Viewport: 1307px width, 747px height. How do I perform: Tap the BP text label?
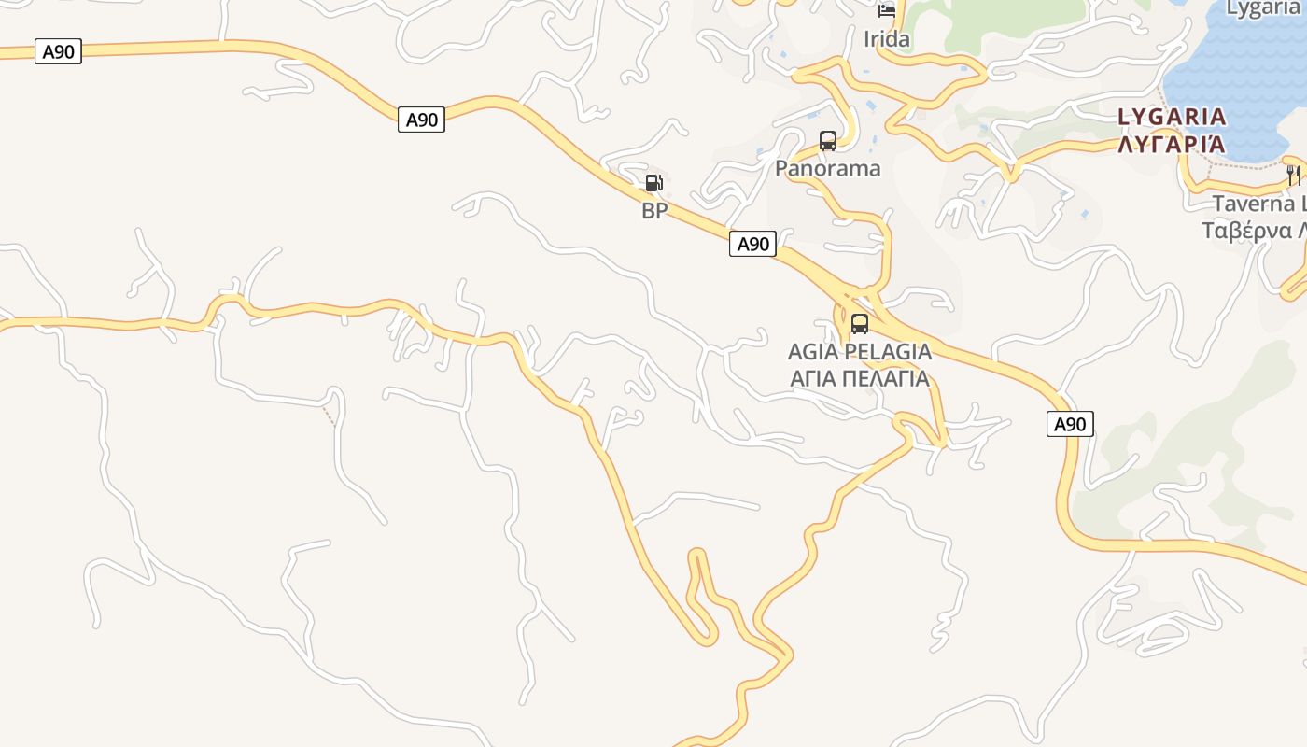click(x=654, y=211)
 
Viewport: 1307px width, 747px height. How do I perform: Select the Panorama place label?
click(x=827, y=168)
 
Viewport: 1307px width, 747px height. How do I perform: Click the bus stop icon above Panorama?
click(x=827, y=141)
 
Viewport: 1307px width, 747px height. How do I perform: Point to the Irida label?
click(x=886, y=39)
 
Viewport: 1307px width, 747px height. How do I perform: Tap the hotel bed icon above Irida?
click(x=886, y=11)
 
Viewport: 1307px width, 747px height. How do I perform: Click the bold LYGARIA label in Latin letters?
click(x=1172, y=117)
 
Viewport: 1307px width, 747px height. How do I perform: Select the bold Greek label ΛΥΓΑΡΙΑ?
click(x=1172, y=144)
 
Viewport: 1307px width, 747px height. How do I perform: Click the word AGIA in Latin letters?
click(x=812, y=352)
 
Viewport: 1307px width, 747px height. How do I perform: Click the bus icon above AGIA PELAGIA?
click(x=859, y=324)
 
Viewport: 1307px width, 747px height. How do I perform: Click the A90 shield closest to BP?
click(x=421, y=120)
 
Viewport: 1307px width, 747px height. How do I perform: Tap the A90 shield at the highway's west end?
click(x=58, y=51)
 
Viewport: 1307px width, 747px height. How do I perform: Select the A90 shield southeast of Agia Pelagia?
click(x=1069, y=424)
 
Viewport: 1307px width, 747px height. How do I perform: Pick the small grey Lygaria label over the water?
click(x=1262, y=9)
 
